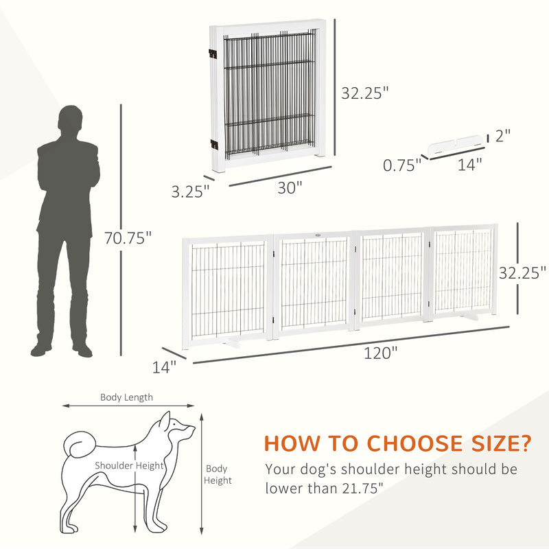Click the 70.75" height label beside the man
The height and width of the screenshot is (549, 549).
point(128,238)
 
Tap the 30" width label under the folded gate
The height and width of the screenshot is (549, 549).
point(290,188)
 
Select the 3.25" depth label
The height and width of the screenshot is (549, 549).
point(190,191)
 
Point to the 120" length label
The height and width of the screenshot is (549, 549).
point(381,353)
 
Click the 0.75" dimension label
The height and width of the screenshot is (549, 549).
point(402,165)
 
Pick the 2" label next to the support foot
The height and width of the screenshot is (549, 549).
point(503,135)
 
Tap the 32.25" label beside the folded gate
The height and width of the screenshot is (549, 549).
point(365,93)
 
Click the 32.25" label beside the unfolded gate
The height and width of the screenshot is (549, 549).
point(522,272)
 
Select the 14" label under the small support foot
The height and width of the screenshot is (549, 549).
point(470,164)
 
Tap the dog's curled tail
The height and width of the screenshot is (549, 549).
point(80,444)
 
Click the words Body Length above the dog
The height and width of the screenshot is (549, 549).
point(126,397)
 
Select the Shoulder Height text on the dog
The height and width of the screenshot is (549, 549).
point(129,465)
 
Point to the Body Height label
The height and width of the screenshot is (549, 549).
point(218,474)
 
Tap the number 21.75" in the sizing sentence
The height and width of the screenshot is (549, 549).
point(363,488)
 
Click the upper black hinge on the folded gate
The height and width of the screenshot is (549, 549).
point(213,54)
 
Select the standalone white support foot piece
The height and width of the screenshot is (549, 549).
point(454,145)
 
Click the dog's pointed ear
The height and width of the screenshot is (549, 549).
point(164,421)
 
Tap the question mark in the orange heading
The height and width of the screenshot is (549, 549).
point(525,443)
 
